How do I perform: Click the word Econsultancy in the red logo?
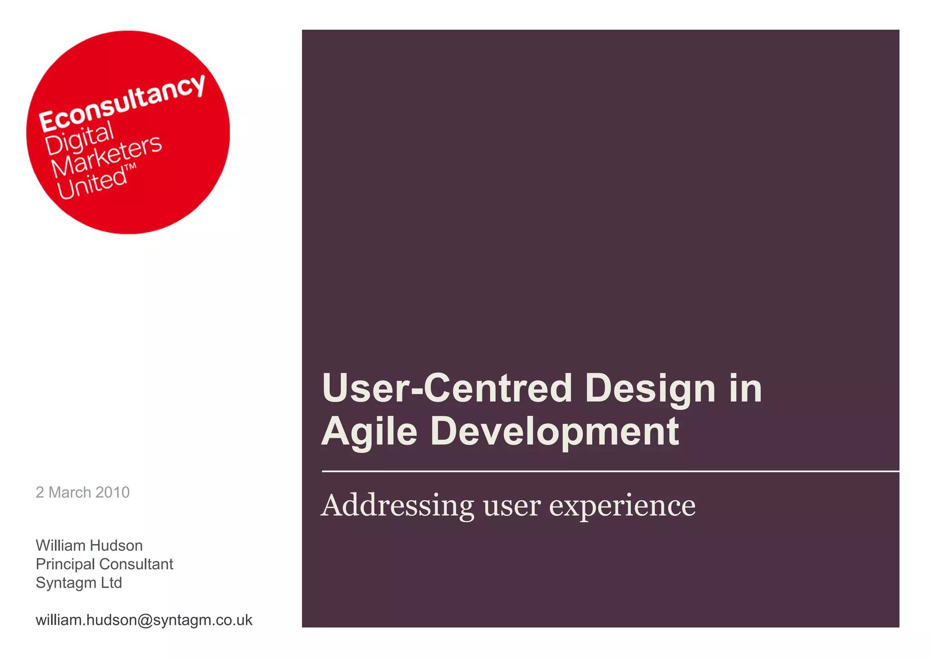(122, 103)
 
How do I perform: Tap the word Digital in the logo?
(79, 139)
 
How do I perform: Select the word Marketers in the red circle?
(106, 156)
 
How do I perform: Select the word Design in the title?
(650, 389)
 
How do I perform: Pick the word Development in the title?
(555, 432)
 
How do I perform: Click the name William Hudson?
(89, 545)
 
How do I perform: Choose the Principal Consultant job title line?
(104, 564)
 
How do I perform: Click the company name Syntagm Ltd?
(79, 583)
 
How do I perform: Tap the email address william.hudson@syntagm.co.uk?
(144, 620)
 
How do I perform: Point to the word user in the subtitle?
(512, 506)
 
